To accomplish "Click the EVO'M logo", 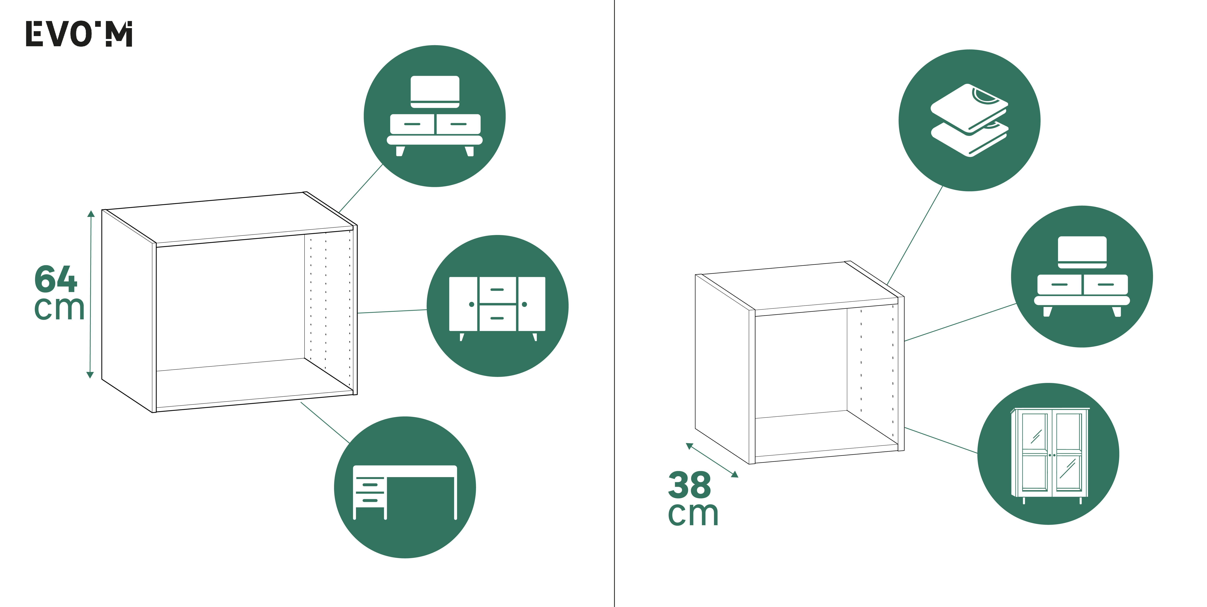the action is (79, 34).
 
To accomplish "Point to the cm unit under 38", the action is (693, 514).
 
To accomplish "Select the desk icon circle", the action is (405, 487).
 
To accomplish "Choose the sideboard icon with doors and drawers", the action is (497, 306).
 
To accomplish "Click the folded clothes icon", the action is (969, 120).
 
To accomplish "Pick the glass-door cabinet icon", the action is (1048, 454).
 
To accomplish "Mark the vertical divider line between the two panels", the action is (614, 303).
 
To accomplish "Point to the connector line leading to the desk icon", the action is (325, 422).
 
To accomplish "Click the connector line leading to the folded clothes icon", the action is (915, 235).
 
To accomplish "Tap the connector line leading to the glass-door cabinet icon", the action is (941, 440).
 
